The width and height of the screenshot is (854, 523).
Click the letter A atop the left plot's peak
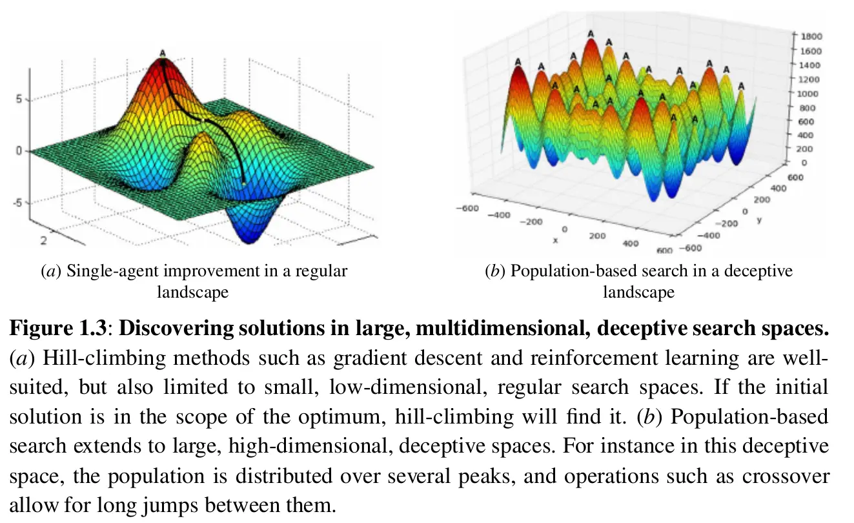coord(163,53)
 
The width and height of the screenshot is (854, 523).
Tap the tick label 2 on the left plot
coord(44,241)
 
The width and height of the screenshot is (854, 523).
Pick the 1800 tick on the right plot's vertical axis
coord(812,37)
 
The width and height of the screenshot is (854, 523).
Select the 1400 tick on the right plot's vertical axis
coord(812,65)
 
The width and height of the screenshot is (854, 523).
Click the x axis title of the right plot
coord(555,240)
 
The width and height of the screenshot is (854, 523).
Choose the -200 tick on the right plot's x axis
coord(533,221)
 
